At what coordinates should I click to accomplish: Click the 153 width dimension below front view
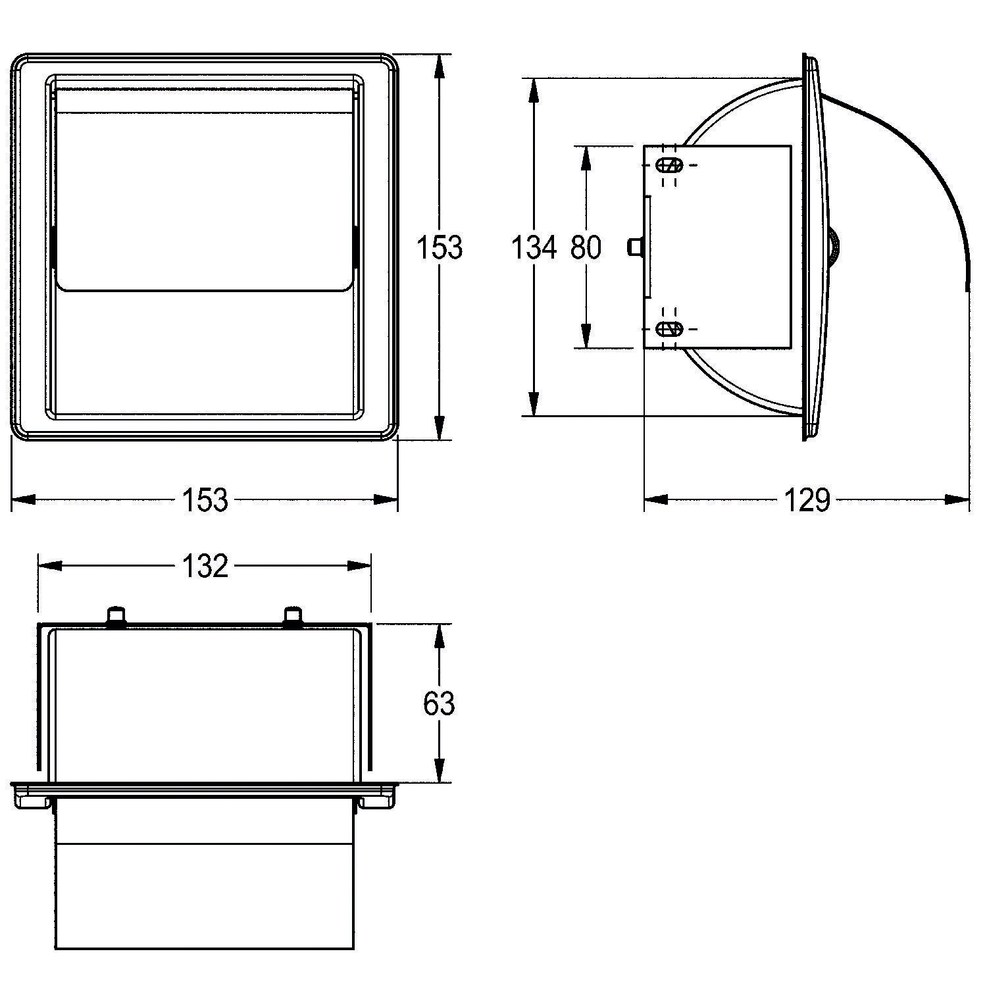[x=205, y=500]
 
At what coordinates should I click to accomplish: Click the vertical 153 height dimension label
[x=440, y=247]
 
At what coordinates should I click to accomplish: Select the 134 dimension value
[x=534, y=247]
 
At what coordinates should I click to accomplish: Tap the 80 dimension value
[x=586, y=247]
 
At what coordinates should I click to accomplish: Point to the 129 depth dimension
[x=808, y=500]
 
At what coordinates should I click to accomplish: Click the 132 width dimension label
[x=205, y=566]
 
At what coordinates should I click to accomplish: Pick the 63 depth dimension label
[x=439, y=703]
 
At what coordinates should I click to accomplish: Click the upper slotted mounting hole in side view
[x=671, y=165]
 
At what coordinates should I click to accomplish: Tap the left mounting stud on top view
[x=116, y=616]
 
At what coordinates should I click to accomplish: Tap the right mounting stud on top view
[x=293, y=616]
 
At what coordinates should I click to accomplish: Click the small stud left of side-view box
[x=634, y=247]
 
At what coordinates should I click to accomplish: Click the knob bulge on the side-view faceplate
[x=834, y=248]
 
